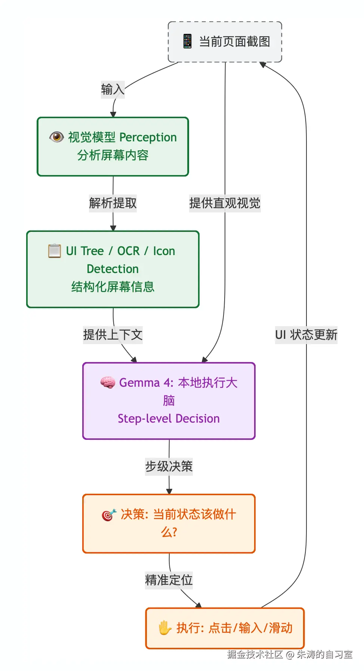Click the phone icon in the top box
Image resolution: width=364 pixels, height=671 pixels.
coord(187,42)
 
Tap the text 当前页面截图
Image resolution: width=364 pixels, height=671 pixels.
coord(234,42)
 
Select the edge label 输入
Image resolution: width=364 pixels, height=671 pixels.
coord(112,89)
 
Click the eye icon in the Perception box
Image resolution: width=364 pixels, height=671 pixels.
coord(56,137)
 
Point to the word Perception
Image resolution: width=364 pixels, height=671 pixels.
coord(148,137)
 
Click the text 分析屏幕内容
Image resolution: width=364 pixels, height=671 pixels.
coord(113,155)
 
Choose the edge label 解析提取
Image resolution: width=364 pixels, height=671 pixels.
coord(113,203)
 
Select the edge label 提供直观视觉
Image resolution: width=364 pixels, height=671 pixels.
coord(225,203)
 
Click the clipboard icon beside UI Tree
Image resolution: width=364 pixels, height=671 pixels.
coord(55,251)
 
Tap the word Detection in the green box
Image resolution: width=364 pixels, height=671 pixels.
coord(113,269)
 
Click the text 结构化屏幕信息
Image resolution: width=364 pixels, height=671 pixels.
coord(113,287)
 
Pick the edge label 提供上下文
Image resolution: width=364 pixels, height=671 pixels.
coord(113,335)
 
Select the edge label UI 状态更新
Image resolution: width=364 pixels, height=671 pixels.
coord(306,335)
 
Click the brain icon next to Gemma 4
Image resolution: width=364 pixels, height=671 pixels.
coord(108,382)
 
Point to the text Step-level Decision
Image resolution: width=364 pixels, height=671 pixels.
coord(169,419)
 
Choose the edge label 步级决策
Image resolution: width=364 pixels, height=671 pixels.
coord(169,466)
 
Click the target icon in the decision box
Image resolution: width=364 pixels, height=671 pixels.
coord(109,515)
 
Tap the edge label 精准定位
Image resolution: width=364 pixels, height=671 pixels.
coord(169,580)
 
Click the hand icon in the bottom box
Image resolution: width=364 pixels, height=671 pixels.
coord(164,628)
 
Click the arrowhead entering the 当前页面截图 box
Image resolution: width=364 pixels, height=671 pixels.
coord(263,65)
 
